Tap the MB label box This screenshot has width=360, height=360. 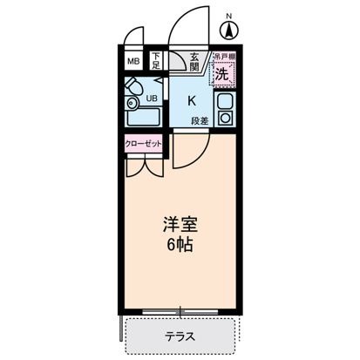point(133,62)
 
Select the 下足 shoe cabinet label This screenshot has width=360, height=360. point(155,62)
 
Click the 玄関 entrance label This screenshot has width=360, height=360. point(196,60)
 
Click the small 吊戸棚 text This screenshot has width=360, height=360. point(224,56)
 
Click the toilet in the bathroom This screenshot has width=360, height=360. point(133,88)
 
